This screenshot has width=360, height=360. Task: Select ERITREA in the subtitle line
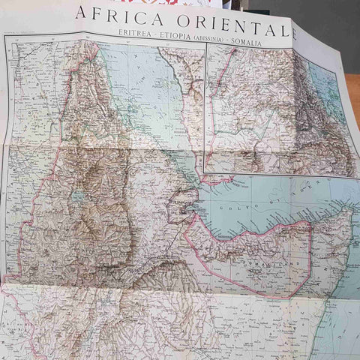tap(136, 34)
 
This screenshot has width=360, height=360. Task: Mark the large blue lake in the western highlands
tap(77, 196)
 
